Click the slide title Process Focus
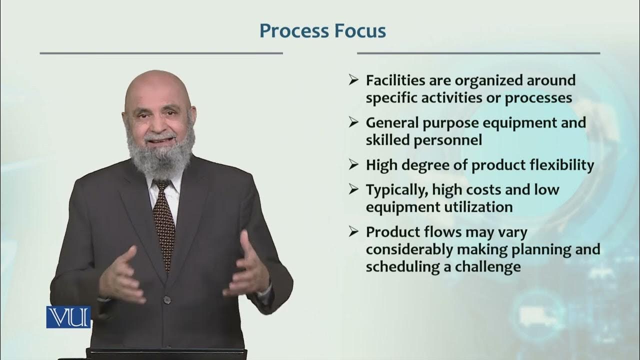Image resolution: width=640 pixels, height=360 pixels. click(x=322, y=31)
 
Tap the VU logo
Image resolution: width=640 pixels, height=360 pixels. click(x=68, y=317)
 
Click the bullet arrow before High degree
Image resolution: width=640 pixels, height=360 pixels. click(x=353, y=164)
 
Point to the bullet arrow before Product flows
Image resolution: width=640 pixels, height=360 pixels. click(x=353, y=231)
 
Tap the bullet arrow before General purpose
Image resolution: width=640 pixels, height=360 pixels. click(x=353, y=122)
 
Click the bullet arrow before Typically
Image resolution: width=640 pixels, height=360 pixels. click(x=353, y=189)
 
